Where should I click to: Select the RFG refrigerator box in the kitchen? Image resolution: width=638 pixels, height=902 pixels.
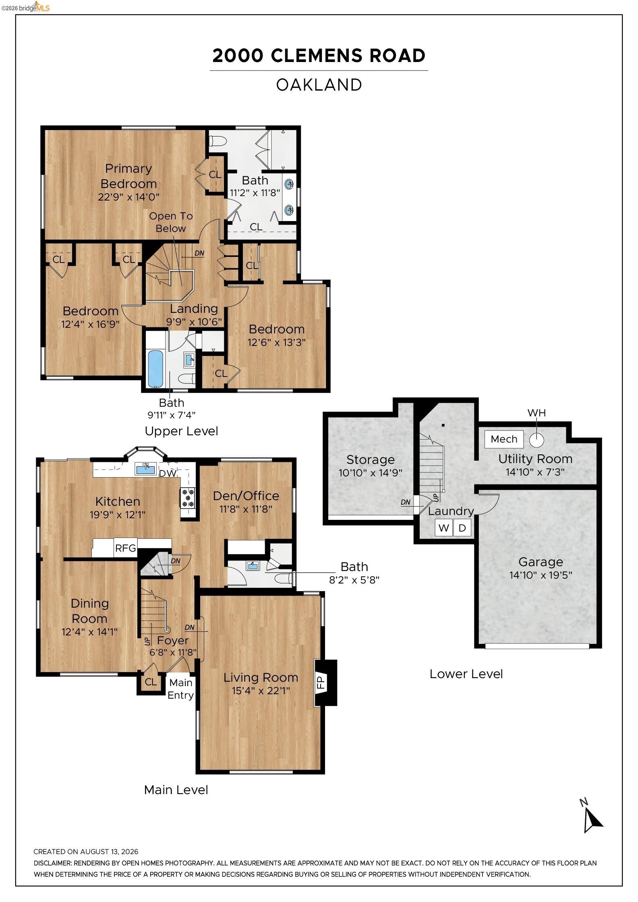126,548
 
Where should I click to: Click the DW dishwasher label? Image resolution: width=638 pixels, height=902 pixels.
168,473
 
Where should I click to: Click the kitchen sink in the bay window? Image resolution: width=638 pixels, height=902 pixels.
145,469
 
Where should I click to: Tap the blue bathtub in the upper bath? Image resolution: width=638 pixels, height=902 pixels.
155,368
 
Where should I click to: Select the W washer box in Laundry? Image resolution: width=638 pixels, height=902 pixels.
444,528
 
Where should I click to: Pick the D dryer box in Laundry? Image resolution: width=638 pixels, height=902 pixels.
462,528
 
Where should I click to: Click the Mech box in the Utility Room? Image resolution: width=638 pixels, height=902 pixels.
504,439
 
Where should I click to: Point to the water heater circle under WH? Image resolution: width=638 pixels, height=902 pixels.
536,440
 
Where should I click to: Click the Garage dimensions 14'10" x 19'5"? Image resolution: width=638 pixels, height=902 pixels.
541,575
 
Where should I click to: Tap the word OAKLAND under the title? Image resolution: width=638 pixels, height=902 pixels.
319,85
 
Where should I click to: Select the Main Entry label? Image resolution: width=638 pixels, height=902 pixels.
180,689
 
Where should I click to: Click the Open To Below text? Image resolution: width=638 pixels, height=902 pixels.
171,222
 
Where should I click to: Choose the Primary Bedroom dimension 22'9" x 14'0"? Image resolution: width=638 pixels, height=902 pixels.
128,197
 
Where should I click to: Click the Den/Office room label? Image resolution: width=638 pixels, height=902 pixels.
246,496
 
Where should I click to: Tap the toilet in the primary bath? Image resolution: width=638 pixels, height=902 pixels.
218,141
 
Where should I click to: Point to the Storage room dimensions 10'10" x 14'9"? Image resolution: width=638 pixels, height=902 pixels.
370,473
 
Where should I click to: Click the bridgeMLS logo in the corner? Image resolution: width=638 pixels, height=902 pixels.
25,7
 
